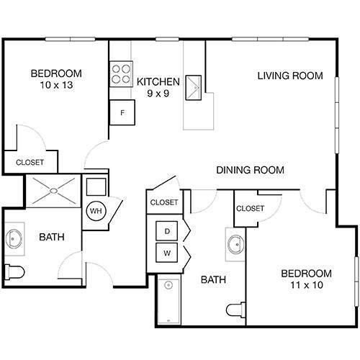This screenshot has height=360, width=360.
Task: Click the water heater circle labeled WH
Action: coord(96,212)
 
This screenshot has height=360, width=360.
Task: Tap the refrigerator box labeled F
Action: coord(122,112)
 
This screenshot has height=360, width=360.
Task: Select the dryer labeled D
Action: coord(167,231)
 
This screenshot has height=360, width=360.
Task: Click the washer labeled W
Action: coord(167,253)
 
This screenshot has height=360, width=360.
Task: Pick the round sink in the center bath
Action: coord(235,245)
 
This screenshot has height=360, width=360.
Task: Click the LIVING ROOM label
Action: coord(290,76)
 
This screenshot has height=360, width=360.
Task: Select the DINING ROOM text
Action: coord(251,171)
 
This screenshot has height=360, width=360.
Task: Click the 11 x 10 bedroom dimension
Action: coord(306,286)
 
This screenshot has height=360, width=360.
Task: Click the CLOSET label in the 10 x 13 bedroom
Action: coord(30,163)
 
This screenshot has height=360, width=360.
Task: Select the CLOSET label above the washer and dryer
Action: coord(163,202)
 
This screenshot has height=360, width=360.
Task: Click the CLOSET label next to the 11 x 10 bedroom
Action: coord(250,208)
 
